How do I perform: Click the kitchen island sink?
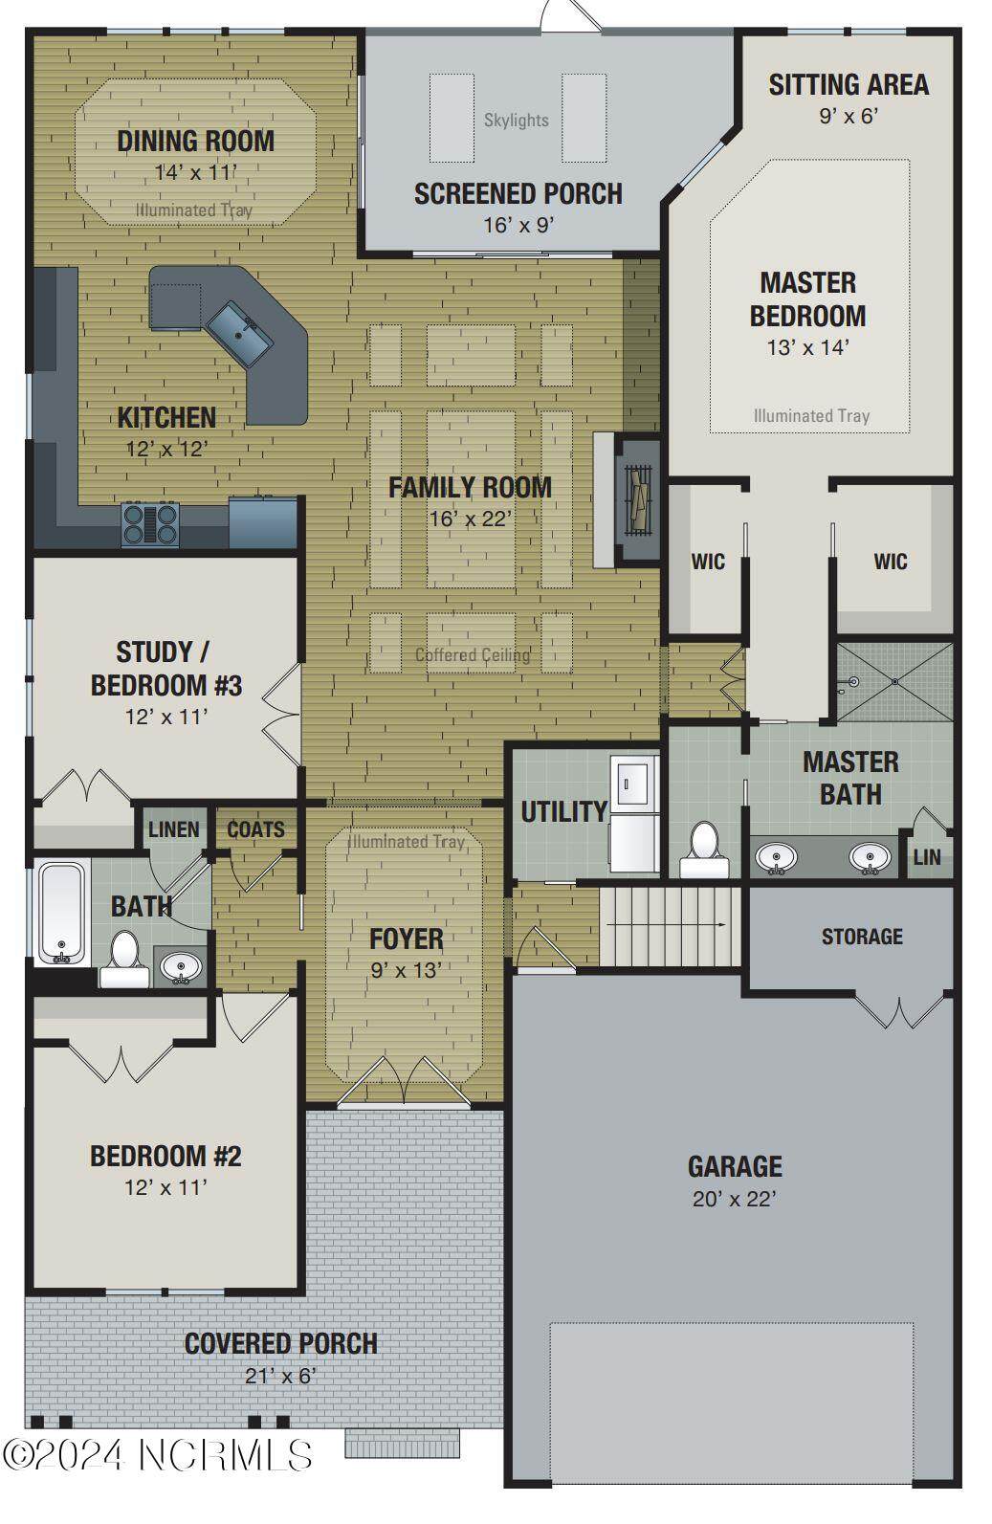[x=240, y=334]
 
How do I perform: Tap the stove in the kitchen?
[x=150, y=523]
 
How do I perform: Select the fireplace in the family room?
[x=637, y=500]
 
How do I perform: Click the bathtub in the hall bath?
[x=61, y=913]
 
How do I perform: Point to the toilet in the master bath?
[x=703, y=850]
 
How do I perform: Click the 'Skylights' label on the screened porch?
[x=517, y=121]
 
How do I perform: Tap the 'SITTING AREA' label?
[x=849, y=85]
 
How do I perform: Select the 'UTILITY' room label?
[x=564, y=811]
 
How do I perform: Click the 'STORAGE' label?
[x=862, y=937]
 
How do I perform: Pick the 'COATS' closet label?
[x=255, y=829]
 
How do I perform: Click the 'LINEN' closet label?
[x=174, y=830]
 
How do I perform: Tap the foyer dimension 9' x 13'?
[x=407, y=970]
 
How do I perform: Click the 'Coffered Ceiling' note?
[x=473, y=655]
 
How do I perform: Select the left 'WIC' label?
[x=708, y=562]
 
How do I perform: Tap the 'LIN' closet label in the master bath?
[x=927, y=857]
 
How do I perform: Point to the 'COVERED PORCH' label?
[x=281, y=1344]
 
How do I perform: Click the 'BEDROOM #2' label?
[x=166, y=1156]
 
